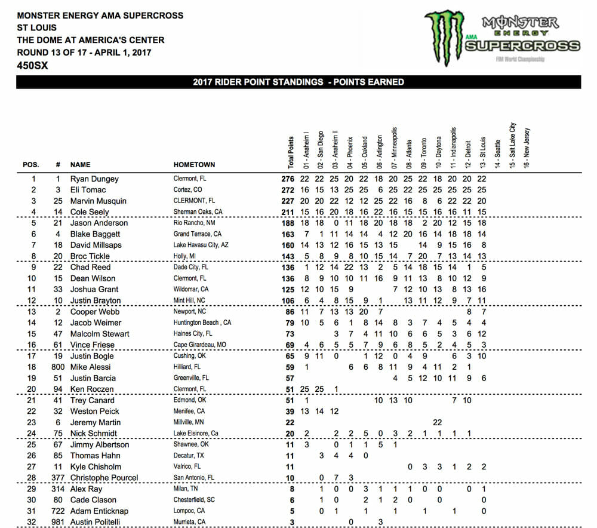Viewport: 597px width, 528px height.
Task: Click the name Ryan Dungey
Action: coord(94,179)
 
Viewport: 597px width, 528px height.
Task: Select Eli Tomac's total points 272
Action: coord(288,190)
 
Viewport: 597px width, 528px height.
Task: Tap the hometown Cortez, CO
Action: coord(189,190)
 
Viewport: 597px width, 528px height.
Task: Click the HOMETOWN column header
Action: coord(194,164)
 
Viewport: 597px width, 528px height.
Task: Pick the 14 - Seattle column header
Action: coord(497,152)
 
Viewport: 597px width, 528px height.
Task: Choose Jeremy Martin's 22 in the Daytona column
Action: coord(438,422)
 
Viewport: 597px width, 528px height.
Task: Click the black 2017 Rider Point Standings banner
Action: coord(298,82)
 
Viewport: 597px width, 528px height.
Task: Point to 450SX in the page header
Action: coord(33,66)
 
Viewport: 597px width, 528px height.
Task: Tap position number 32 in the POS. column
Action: coord(33,521)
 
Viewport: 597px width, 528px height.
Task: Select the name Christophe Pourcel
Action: coord(104,478)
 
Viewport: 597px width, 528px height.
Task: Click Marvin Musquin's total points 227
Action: coord(288,201)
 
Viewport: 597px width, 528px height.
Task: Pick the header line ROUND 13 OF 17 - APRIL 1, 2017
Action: coord(84,53)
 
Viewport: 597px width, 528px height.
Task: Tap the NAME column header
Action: coord(80,164)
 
